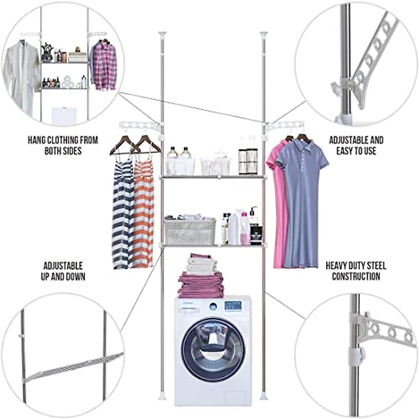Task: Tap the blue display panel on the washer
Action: pyautogui.click(x=233, y=306)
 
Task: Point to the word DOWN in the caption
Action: pyautogui.click(x=74, y=277)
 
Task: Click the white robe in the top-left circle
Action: pyautogui.click(x=22, y=77)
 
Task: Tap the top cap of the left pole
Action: pyautogui.click(x=162, y=35)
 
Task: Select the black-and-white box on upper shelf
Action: pyautogui.click(x=248, y=161)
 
